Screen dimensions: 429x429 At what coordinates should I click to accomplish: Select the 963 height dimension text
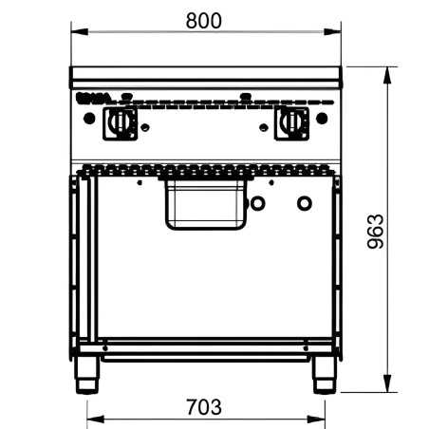(x=375, y=231)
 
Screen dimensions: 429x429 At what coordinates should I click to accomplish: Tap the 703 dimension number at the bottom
(x=204, y=407)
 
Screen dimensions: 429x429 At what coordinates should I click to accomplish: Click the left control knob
(x=121, y=121)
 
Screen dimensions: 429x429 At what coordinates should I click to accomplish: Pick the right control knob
(x=291, y=121)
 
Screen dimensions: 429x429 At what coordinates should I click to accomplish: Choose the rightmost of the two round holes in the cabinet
(x=304, y=203)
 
